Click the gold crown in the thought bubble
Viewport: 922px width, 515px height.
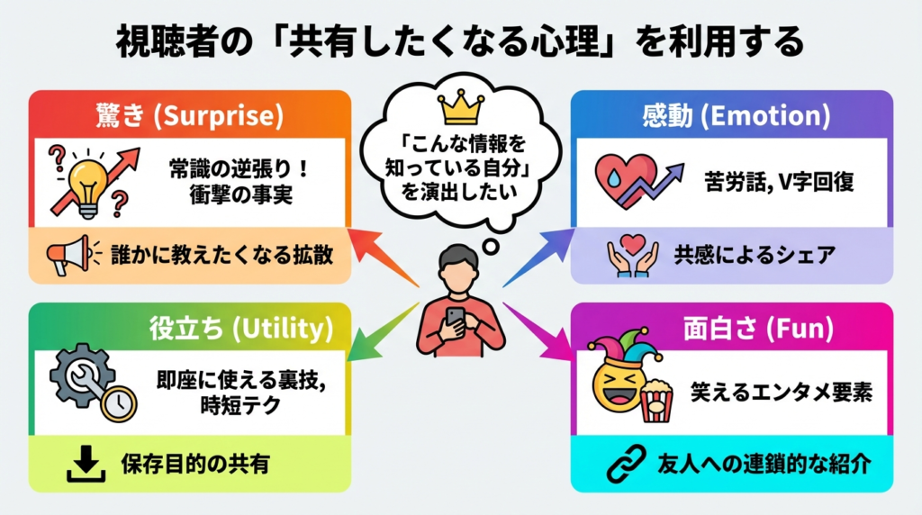tap(460, 109)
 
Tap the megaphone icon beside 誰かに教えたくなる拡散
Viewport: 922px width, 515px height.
tap(70, 254)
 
